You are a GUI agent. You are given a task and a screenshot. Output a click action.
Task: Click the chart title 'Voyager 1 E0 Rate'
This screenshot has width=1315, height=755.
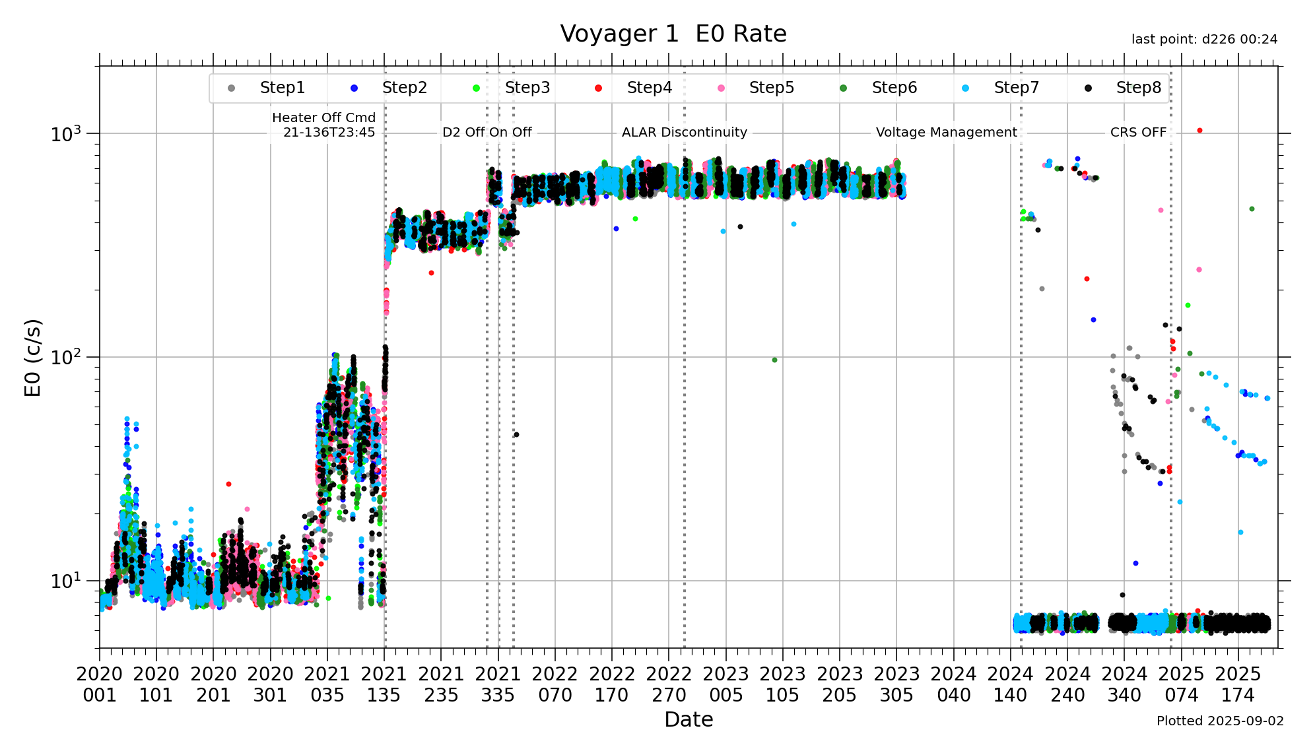pos(673,34)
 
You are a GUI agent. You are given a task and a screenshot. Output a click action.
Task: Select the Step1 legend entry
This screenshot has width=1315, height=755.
pos(281,88)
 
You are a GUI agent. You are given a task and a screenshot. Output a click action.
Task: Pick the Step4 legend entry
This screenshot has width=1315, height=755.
pos(648,88)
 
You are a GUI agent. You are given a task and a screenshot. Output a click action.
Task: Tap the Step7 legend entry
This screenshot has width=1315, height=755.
pos(1015,88)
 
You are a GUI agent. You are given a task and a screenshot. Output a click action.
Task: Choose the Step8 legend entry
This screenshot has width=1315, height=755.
pos(1137,88)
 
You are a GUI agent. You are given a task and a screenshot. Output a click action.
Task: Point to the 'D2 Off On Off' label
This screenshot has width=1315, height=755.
pos(487,132)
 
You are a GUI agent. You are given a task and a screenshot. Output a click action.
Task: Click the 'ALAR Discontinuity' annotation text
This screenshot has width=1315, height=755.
pos(684,132)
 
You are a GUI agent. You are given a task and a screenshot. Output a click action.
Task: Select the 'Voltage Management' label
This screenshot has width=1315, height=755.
pos(946,132)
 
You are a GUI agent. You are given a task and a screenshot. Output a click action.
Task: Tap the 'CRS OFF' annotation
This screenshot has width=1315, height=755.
pos(1138,132)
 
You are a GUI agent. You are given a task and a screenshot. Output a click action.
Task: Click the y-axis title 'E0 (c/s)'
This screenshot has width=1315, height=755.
pos(33,357)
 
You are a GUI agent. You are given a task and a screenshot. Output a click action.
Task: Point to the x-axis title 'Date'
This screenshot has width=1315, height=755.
pos(689,719)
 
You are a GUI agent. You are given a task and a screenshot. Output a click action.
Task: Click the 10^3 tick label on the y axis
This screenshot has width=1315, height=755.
pos(65,134)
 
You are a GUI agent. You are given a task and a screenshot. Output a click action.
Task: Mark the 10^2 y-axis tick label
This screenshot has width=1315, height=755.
pos(65,358)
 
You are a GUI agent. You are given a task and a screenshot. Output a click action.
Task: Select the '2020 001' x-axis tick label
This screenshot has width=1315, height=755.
pos(100,684)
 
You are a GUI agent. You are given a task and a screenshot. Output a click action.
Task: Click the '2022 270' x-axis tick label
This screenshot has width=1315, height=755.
pos(669,684)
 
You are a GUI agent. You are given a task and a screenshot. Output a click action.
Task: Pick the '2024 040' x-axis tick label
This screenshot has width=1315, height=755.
pos(953,684)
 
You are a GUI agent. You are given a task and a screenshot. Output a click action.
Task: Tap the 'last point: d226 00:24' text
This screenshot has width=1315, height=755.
pos(1204,40)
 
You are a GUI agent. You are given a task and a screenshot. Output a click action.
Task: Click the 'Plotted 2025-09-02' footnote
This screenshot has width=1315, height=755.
pos(1220,721)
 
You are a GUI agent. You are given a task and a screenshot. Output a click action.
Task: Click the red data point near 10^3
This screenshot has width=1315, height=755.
pos(1199,131)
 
